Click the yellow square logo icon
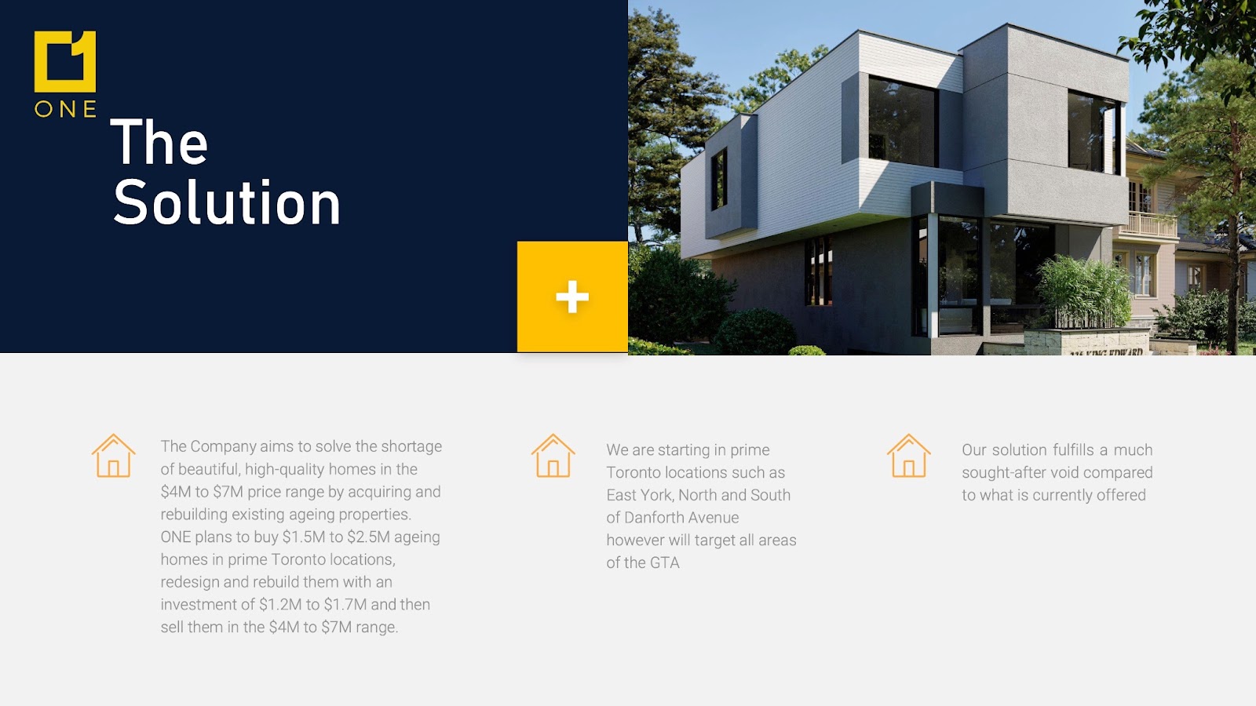click(x=65, y=62)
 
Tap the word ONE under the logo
click(x=66, y=109)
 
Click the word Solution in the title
click(x=227, y=202)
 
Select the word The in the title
click(x=159, y=141)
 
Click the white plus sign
click(x=572, y=297)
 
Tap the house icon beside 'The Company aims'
click(x=114, y=456)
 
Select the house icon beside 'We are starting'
click(x=553, y=456)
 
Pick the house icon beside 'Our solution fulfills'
click(x=909, y=456)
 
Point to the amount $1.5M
click(x=304, y=537)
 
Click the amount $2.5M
click(x=368, y=537)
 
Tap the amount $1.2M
click(x=280, y=605)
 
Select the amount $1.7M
click(x=345, y=605)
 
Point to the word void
click(x=1064, y=472)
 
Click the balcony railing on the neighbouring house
click(x=1148, y=224)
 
